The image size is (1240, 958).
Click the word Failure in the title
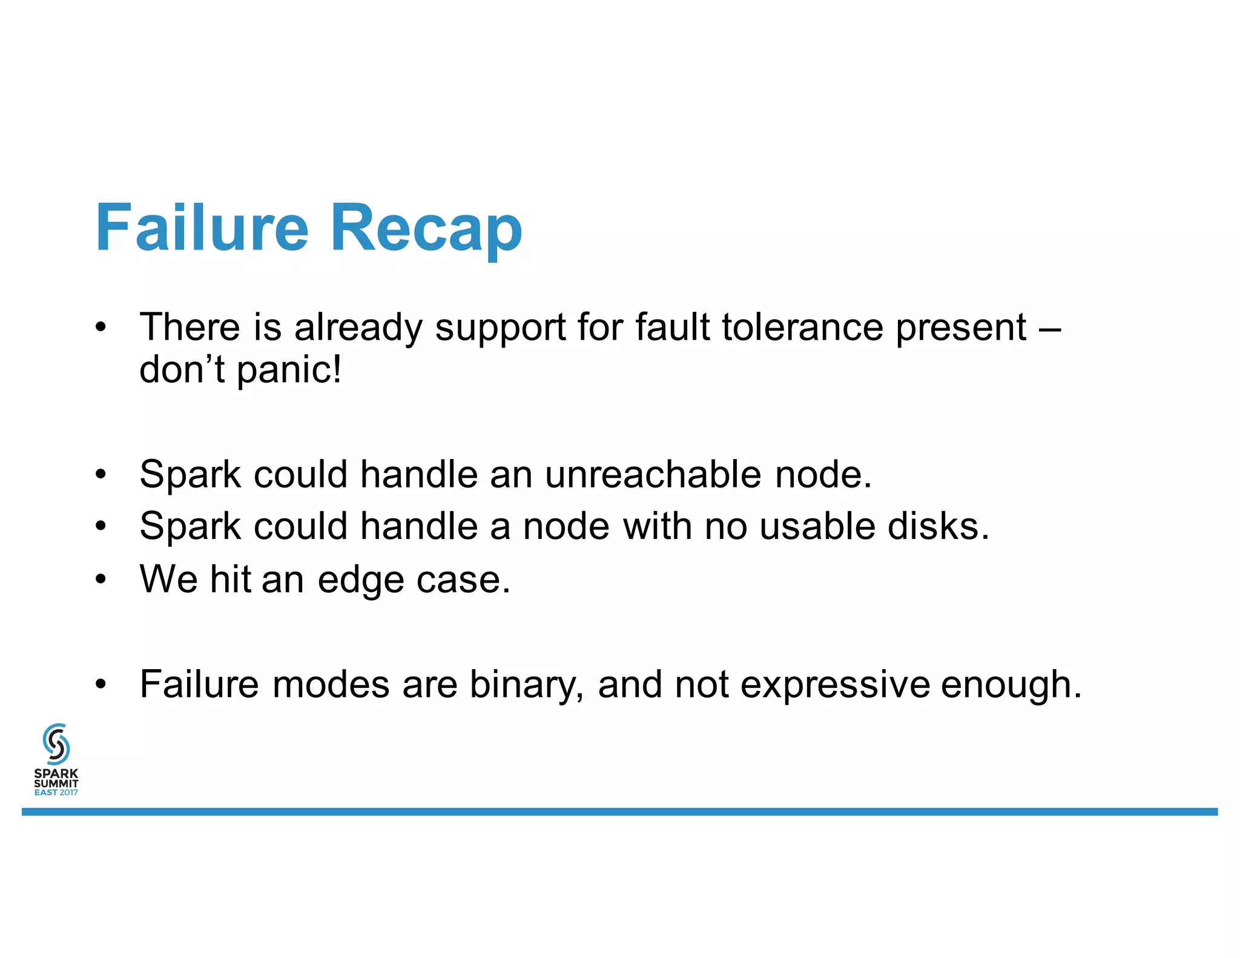(x=202, y=228)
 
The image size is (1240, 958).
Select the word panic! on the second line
(x=289, y=371)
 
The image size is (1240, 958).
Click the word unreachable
(x=653, y=474)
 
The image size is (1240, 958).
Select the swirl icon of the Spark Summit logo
(x=56, y=744)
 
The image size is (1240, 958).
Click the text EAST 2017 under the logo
(x=56, y=793)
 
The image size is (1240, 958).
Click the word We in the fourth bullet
(x=168, y=580)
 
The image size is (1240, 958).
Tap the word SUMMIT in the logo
(x=56, y=783)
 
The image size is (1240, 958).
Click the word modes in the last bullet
(x=331, y=685)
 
